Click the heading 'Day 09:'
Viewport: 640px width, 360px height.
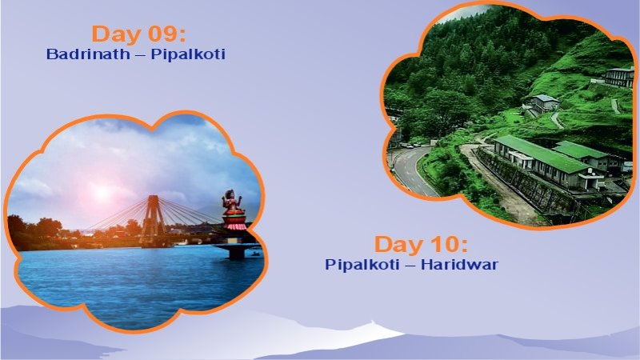(x=138, y=34)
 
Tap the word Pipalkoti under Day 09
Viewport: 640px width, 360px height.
(x=190, y=55)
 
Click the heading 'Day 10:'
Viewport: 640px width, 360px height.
(x=421, y=245)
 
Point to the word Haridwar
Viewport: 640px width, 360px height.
(x=464, y=265)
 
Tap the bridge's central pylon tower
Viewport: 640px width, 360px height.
(x=150, y=216)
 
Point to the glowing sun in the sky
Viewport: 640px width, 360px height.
(x=100, y=191)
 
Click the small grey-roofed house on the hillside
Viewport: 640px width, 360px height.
(x=544, y=102)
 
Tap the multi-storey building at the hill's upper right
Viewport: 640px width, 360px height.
(x=619, y=77)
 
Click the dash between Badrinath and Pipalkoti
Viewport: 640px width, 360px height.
(x=143, y=55)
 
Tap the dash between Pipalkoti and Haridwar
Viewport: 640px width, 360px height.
(x=410, y=265)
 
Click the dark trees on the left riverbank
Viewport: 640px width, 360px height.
(x=32, y=229)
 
